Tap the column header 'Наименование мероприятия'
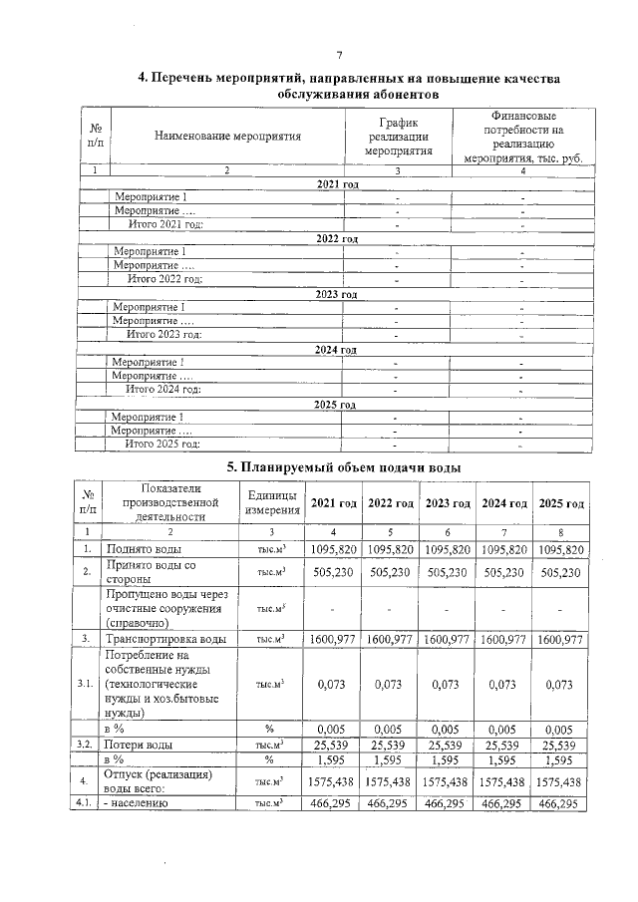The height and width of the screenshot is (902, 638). (227, 136)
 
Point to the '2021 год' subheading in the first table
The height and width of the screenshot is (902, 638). (336, 185)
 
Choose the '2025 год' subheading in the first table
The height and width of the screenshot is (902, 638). (336, 405)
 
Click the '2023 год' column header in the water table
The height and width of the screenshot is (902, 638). (448, 502)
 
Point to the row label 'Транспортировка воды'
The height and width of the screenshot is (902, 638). (165, 639)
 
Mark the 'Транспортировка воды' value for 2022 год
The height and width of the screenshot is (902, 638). (391, 639)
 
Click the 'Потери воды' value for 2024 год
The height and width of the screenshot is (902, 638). (504, 745)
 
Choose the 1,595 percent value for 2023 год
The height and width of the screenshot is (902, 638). (448, 759)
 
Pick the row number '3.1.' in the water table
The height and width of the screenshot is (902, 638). (88, 685)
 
